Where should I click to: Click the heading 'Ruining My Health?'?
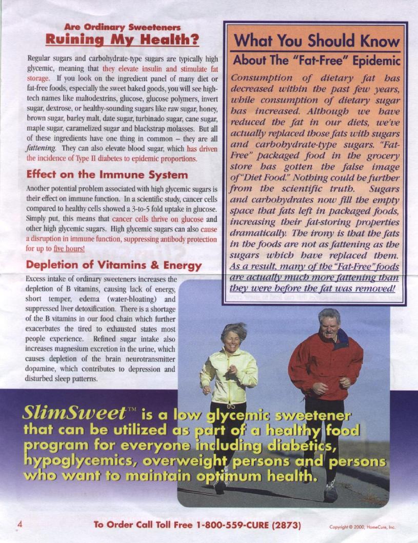tap(122, 39)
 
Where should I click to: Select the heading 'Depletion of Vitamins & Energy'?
tap(114, 265)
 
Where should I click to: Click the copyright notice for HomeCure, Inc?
tap(363, 527)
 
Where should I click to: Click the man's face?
tap(328, 323)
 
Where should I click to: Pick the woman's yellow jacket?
tap(229, 377)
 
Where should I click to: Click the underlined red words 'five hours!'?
tap(70, 248)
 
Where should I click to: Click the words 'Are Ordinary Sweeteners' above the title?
tap(122, 26)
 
